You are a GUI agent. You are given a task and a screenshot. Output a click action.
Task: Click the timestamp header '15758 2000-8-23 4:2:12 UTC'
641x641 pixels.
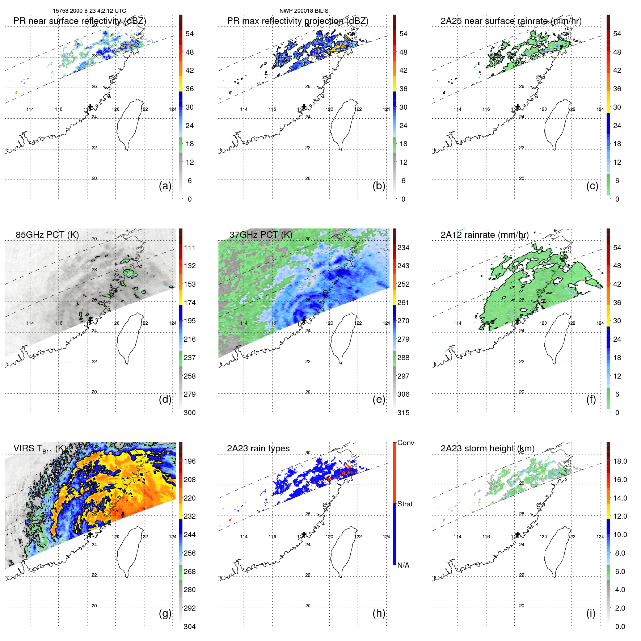coord(89,11)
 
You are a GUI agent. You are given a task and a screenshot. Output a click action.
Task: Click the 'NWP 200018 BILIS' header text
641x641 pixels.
coord(304,11)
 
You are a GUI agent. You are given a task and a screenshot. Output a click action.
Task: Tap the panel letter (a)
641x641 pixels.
coord(165,186)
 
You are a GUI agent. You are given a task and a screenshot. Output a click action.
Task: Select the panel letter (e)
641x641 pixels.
coord(379,399)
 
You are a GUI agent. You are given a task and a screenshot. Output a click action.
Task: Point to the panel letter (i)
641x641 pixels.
coord(591,613)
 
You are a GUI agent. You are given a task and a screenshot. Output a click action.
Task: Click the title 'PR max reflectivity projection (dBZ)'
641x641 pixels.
coord(298,21)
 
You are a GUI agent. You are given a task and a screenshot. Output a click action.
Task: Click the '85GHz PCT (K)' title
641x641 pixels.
coord(47,235)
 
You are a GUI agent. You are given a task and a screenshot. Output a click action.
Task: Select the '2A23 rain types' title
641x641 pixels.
coord(258,448)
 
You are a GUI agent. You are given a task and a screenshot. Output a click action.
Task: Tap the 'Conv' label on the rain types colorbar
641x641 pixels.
coord(405,443)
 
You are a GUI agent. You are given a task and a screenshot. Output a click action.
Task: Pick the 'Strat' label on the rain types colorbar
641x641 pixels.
coord(405,504)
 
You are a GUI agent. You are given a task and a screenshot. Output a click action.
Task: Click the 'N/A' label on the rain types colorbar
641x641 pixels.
coord(403,565)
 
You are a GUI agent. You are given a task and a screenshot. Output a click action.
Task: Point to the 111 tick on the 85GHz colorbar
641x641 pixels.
coord(190,248)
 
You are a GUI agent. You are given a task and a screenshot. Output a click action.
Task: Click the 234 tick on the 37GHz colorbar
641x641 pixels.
coord(403,248)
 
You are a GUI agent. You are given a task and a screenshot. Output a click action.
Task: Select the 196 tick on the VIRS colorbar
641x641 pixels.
coord(190,461)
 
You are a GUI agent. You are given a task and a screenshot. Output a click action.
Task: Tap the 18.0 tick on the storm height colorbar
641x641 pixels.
coord(620,461)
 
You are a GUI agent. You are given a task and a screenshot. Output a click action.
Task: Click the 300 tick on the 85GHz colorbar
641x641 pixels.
coord(190,413)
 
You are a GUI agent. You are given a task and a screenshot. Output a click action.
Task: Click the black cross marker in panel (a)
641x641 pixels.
coord(90,107)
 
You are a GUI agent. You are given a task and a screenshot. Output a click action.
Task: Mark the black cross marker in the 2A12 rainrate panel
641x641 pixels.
coord(518,321)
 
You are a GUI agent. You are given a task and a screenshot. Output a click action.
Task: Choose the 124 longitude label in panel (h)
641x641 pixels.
coord(386,537)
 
